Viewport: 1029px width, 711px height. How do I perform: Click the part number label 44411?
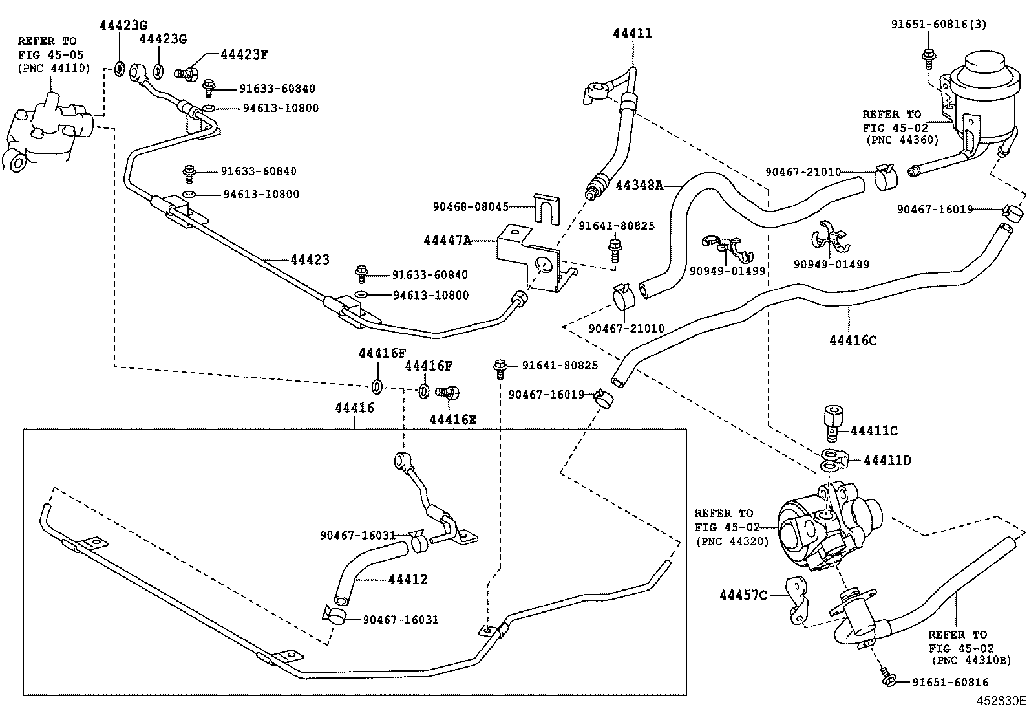tap(632, 34)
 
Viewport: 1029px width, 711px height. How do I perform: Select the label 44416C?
tap(853, 340)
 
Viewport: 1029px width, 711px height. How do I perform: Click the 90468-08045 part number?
tap(470, 207)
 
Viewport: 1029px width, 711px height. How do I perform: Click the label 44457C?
tap(743, 595)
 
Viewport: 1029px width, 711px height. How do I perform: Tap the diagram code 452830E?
tap(1001, 701)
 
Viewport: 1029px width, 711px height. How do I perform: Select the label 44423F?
tap(244, 54)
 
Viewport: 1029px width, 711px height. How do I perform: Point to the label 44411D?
tap(887, 460)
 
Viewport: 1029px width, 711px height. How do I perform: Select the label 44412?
tap(408, 579)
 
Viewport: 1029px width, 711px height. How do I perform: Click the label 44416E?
tap(452, 419)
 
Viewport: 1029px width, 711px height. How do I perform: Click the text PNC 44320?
tap(732, 541)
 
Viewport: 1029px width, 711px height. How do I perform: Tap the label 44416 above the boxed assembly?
tap(354, 408)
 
